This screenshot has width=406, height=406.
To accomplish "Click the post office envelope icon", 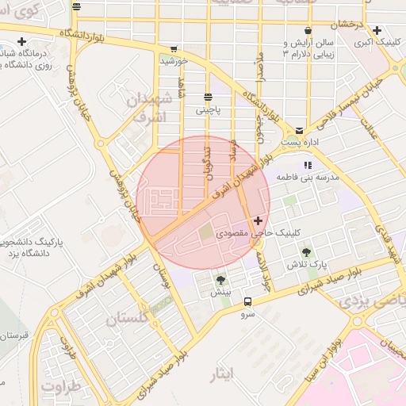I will pyautogui.click(x=299, y=130).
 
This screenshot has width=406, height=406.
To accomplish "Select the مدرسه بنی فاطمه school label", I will pyautogui.click(x=307, y=178).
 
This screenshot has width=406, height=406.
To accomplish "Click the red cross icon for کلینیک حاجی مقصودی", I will pyautogui.click(x=258, y=220).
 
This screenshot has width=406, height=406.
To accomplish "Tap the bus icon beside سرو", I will pyautogui.click(x=248, y=301).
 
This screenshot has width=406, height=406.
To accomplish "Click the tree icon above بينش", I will pyautogui.click(x=220, y=280).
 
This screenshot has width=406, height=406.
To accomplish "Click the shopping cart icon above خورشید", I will pyautogui.click(x=173, y=48).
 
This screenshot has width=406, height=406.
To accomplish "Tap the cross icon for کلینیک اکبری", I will pyautogui.click(x=377, y=30).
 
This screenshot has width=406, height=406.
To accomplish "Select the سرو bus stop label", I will pyautogui.click(x=248, y=314).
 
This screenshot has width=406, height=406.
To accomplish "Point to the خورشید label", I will pyautogui.click(x=174, y=60).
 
